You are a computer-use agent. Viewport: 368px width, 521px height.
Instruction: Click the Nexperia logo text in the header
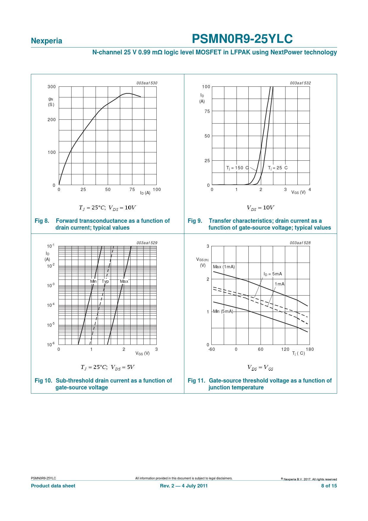tap(47, 41)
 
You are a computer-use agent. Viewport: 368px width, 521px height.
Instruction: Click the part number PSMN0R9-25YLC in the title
tap(242, 39)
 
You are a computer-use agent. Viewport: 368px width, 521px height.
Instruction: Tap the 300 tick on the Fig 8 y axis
tap(52, 87)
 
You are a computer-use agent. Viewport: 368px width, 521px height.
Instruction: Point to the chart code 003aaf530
tap(147, 83)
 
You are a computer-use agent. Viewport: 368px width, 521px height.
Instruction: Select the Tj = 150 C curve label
tap(237, 168)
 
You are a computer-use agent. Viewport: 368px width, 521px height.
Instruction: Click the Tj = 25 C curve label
tap(278, 168)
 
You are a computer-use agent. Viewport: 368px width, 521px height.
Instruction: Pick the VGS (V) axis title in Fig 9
tap(298, 192)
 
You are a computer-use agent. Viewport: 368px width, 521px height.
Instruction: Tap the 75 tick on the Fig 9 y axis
tap(207, 111)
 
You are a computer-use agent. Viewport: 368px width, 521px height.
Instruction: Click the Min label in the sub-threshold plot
tap(93, 281)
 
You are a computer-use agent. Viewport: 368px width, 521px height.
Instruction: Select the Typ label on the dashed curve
tap(105, 281)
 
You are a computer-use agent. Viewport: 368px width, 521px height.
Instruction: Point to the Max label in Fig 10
tap(124, 281)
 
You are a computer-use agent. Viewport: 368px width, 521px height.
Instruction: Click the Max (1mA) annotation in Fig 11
tap(224, 267)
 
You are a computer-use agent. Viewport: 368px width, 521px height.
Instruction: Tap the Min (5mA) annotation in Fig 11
tap(223, 311)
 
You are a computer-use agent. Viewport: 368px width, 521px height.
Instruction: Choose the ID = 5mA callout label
tap(273, 274)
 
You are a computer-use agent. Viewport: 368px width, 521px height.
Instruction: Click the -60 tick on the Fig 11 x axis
tap(211, 349)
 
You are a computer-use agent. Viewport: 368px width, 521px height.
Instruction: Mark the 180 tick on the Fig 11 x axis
tap(310, 349)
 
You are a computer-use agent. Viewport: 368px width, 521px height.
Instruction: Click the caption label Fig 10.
tap(43, 381)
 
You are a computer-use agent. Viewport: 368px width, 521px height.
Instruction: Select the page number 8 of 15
tap(329, 486)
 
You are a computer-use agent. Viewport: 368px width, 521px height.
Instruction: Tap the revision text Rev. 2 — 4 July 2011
tap(184, 486)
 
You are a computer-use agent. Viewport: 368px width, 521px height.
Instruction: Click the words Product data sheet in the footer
tap(53, 486)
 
